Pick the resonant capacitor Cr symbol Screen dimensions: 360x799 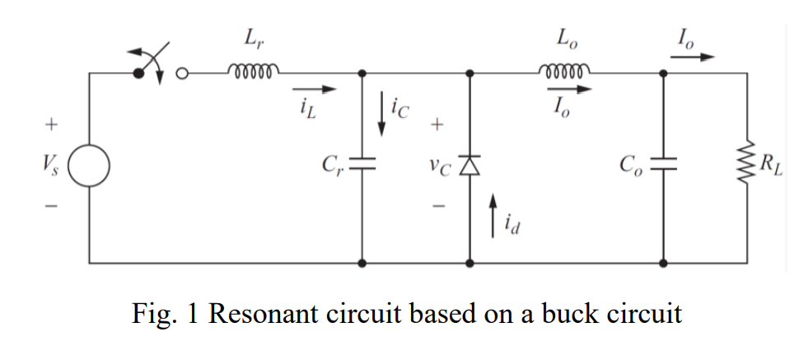coord(362,166)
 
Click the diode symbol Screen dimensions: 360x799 coord(470,166)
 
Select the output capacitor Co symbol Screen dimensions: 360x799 coord(664,166)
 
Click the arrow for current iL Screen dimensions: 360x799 coord(315,88)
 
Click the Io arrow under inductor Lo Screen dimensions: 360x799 coord(566,89)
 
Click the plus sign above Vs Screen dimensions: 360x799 coord(52,126)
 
